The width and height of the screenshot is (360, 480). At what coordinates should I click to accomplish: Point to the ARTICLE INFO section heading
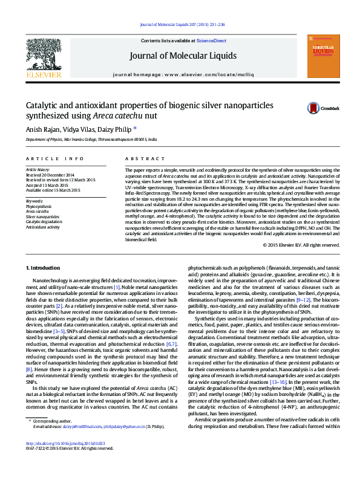click(x=54, y=158)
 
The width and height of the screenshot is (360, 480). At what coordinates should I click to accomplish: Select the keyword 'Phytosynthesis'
click(x=39, y=206)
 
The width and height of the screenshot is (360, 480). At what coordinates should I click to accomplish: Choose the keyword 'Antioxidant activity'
click(x=42, y=227)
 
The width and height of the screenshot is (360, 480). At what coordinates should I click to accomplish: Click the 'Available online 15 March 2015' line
click(x=53, y=190)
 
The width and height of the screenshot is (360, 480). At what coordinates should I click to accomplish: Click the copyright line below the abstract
click(x=301, y=245)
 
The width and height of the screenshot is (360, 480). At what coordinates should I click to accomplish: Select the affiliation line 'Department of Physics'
click(x=91, y=139)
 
